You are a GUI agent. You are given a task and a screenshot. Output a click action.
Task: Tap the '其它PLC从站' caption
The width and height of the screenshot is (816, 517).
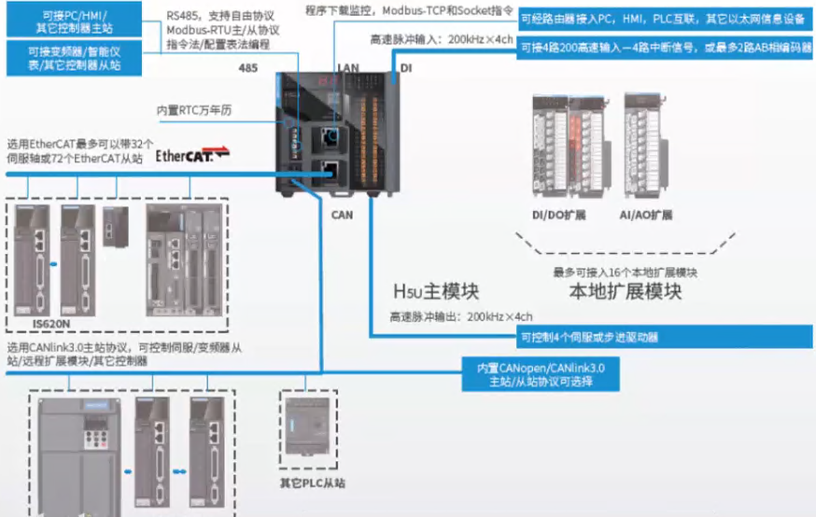coord(313,483)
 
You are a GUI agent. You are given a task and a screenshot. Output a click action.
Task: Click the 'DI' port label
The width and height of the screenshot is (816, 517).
coord(405,68)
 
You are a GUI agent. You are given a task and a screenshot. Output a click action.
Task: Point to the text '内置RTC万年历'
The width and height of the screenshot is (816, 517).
coord(193,110)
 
